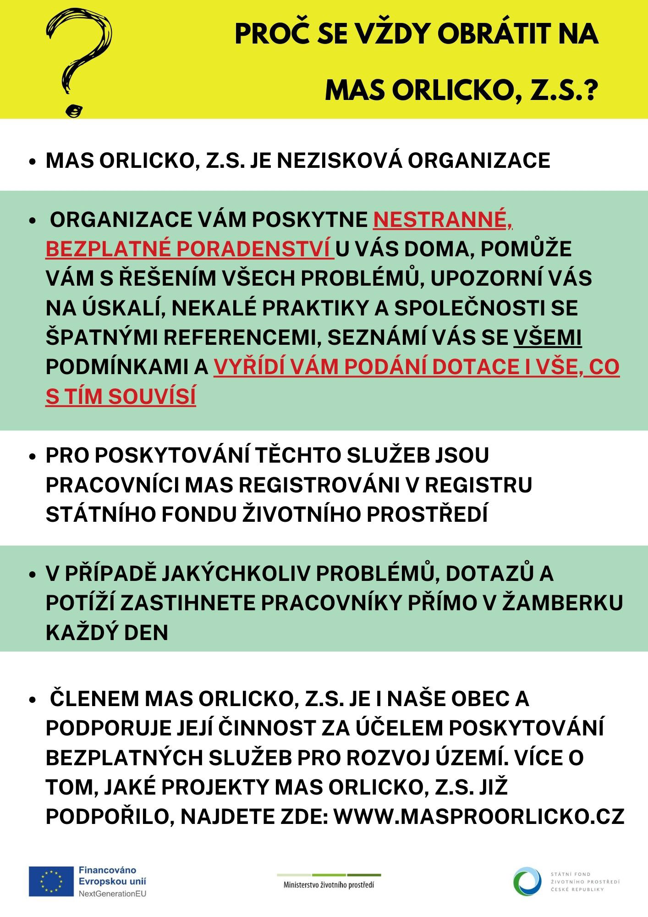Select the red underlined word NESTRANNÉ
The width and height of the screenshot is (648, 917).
[x=442, y=220]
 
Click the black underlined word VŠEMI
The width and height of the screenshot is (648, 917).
[x=547, y=337]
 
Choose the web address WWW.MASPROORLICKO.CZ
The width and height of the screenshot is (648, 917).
[x=479, y=816]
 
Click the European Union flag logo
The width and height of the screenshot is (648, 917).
[x=51, y=881]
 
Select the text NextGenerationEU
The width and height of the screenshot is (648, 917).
[x=112, y=894]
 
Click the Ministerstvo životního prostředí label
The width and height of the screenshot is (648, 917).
[x=329, y=885]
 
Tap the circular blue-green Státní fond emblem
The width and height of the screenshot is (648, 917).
[x=527, y=881]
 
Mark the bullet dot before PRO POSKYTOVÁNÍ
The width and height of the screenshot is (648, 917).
[x=32, y=457]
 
